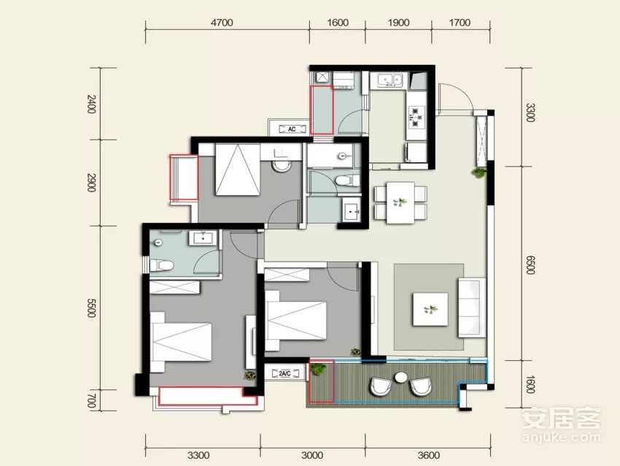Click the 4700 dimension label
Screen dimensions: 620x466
point(222,23)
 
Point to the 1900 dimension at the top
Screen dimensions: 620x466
point(398,23)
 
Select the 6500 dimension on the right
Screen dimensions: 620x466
point(530,264)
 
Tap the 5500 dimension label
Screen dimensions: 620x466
point(91,308)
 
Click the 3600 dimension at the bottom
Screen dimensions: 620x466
point(429,455)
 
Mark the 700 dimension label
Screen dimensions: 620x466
point(91,401)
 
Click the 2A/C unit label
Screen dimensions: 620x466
point(284,373)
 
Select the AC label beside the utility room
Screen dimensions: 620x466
point(292,129)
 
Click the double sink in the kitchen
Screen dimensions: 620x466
point(389,80)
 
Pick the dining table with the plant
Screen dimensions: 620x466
point(400,203)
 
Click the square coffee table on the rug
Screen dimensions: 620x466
point(430,309)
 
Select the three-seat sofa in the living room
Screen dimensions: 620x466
point(472,308)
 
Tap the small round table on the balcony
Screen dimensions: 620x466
point(400,377)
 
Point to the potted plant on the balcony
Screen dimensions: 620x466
point(317,369)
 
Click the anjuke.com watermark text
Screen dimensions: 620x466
point(561,437)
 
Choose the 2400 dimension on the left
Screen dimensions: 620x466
point(91,104)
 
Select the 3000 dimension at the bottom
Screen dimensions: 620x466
point(312,455)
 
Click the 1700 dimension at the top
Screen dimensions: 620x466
point(460,23)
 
